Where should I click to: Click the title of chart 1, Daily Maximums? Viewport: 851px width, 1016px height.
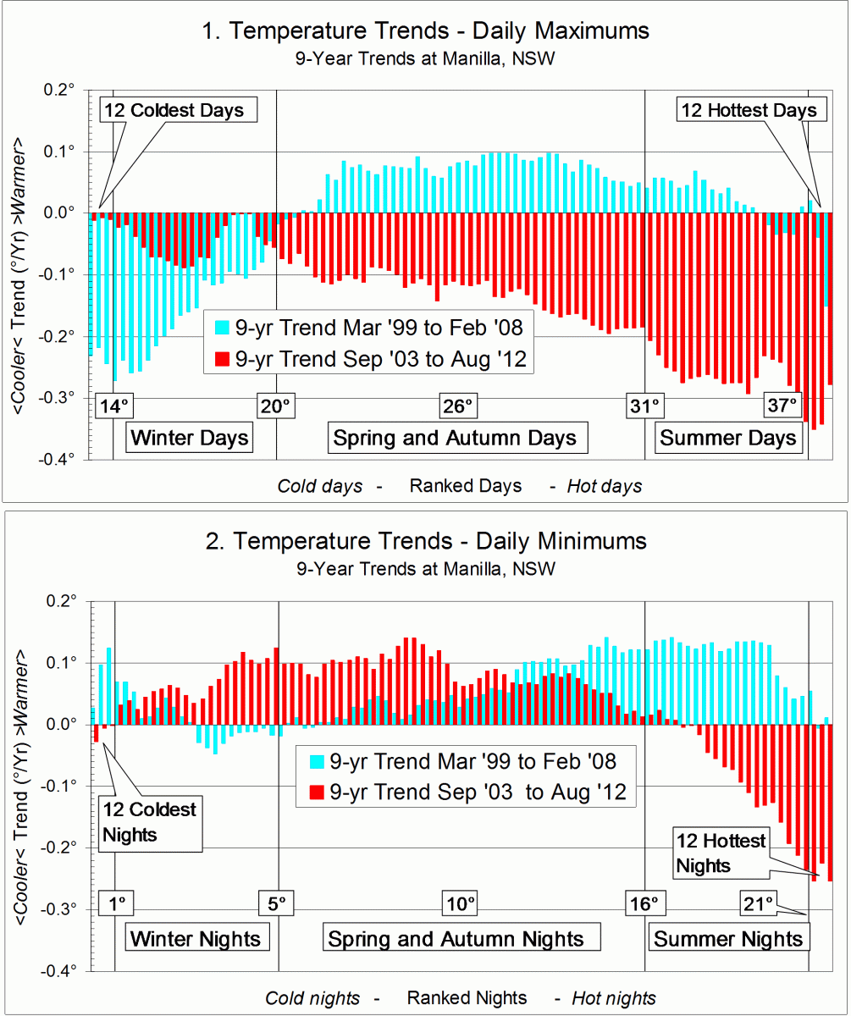(425, 31)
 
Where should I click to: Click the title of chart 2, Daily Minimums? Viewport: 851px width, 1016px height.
(425, 540)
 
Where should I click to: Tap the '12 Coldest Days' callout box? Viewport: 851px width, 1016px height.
(173, 110)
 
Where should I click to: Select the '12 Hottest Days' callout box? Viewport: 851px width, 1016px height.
(749, 110)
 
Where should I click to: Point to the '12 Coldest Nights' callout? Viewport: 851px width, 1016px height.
(150, 821)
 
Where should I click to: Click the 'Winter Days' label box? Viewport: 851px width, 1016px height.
(191, 438)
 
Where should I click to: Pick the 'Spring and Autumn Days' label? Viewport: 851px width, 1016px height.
(455, 438)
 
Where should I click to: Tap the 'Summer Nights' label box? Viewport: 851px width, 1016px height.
(728, 939)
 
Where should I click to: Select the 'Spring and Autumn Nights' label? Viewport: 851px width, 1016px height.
(456, 939)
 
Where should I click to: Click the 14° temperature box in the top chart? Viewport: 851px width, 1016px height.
(114, 406)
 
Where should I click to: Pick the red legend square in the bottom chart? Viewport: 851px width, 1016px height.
(317, 792)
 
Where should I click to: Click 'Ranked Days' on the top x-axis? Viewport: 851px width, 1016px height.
(465, 486)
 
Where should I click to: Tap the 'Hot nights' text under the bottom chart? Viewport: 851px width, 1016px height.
(613, 998)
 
